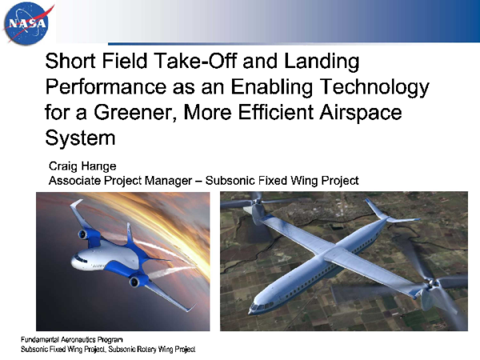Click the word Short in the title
(x=72, y=62)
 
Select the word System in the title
(x=80, y=138)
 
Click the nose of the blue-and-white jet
(x=74, y=265)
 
